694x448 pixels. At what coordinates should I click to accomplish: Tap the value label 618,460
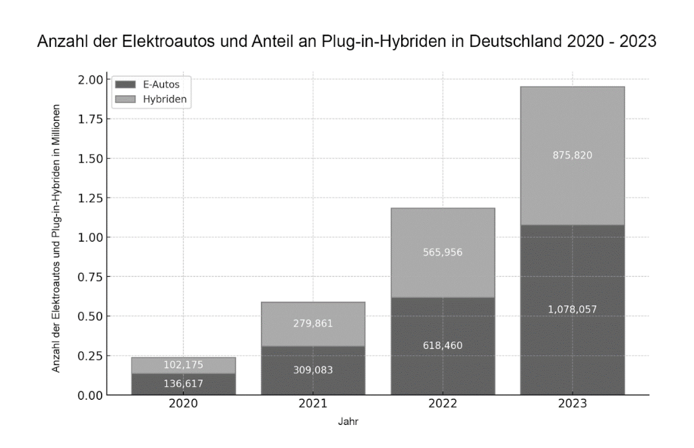tap(443, 346)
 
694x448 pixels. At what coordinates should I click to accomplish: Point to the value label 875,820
tap(572, 155)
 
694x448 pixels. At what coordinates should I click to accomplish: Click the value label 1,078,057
tap(572, 310)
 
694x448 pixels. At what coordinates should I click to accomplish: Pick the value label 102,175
tap(183, 365)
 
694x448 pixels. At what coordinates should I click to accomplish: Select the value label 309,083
tap(312, 370)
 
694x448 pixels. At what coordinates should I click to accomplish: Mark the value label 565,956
tap(443, 253)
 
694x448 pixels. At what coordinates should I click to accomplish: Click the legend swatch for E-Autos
tap(127, 85)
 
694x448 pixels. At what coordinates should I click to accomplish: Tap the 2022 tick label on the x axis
tap(443, 404)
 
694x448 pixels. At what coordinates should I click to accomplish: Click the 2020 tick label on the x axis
tap(183, 404)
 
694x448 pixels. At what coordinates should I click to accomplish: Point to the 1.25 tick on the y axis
tap(89, 198)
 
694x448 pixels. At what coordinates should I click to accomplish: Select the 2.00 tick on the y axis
tap(89, 79)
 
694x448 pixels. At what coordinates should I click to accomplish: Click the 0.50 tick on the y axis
tap(89, 316)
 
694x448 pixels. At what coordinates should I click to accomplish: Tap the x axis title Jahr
tap(348, 422)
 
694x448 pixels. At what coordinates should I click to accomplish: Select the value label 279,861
tap(312, 324)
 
